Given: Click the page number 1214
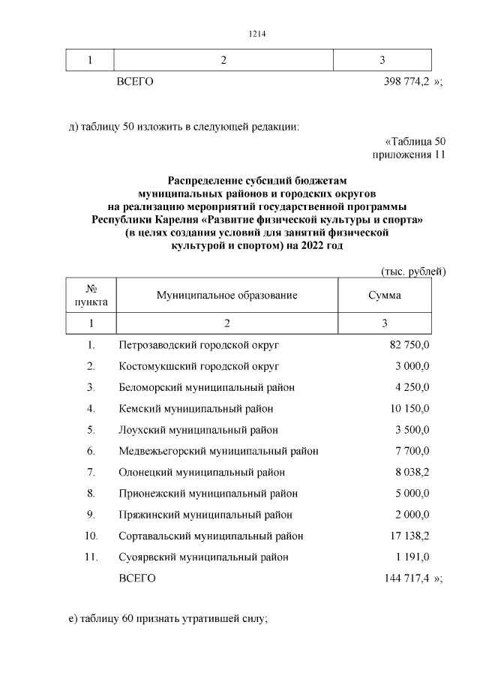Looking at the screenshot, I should coord(257,34).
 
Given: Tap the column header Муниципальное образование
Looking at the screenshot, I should coord(226,295).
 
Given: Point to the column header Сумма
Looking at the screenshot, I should coord(384,295).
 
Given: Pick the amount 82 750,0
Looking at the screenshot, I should coord(409,345).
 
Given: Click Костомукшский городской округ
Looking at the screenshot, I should coord(199,366).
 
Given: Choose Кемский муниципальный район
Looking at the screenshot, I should coord(196,409).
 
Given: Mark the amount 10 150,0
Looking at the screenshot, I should coord(409,409).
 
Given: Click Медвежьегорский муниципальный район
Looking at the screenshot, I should coord(218,451).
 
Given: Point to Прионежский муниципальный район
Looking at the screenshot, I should coord(208,494).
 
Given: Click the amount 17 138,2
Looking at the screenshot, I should coord(409,536).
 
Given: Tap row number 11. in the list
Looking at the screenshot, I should coord(91,557).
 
